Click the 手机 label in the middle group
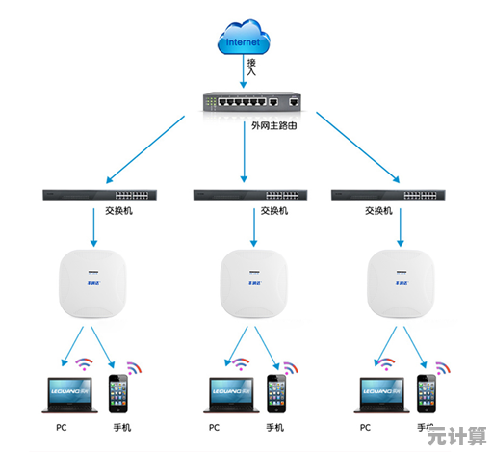[273, 427]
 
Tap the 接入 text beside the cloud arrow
[251, 67]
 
